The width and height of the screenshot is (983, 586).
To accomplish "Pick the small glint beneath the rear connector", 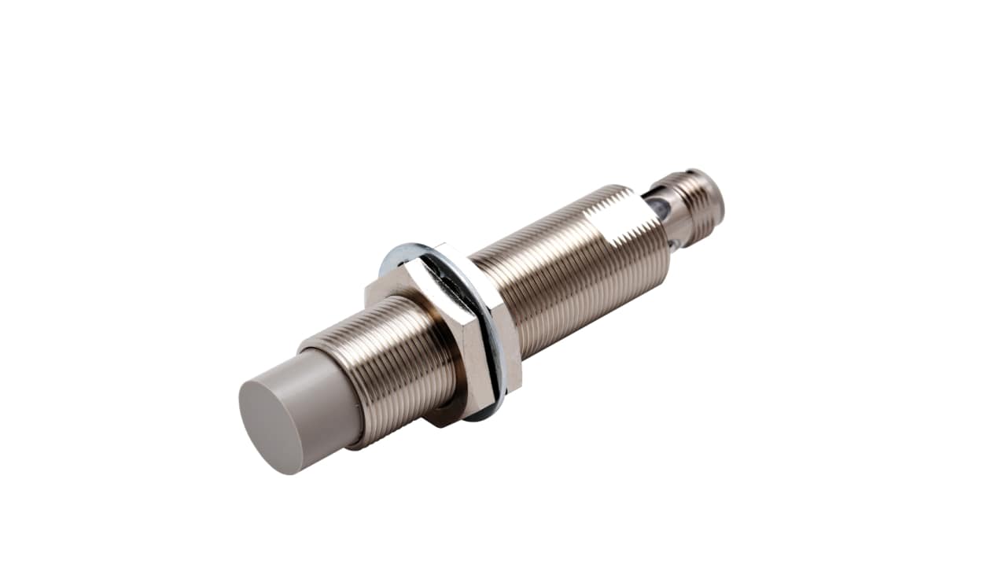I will pos(675,245).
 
